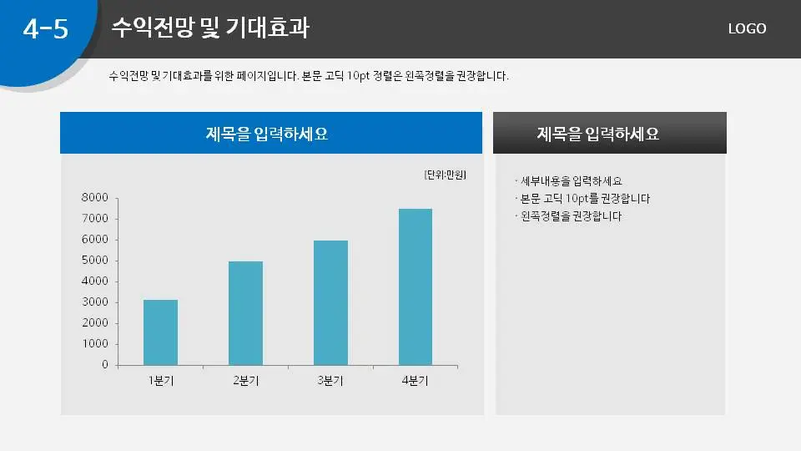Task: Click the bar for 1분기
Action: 160,332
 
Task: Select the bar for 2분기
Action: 245,313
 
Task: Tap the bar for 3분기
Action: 330,302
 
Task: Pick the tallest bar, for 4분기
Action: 416,286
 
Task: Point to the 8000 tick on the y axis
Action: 95,198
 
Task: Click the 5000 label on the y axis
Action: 95,261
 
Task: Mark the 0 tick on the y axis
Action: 105,365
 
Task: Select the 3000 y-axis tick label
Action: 95,302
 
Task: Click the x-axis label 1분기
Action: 161,382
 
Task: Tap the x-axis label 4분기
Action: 415,382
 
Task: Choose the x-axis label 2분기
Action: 245,382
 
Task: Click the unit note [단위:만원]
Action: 445,175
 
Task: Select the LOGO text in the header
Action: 747,28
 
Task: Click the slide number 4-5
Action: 45,29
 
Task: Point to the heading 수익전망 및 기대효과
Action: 210,28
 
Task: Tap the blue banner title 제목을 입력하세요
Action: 267,134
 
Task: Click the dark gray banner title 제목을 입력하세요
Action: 598,134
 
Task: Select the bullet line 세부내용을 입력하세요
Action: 571,181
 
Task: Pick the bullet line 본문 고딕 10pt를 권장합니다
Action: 584,199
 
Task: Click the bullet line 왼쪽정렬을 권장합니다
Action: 571,216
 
